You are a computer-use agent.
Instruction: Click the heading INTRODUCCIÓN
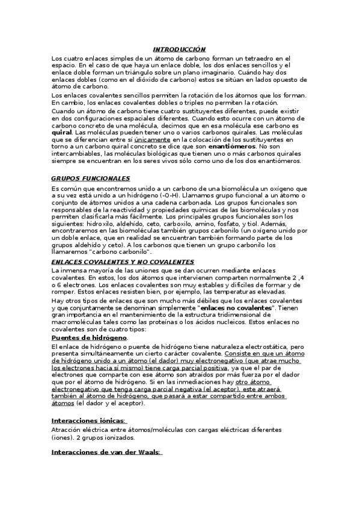pyautogui.click(x=179, y=49)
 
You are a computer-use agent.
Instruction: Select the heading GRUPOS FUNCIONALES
pyautogui.click(x=90, y=179)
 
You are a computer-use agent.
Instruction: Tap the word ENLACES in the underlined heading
pyautogui.click(x=67, y=262)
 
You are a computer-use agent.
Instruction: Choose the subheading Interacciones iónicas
pyautogui.click(x=88, y=420)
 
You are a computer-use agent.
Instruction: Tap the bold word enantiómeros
pyautogui.click(x=231, y=146)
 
